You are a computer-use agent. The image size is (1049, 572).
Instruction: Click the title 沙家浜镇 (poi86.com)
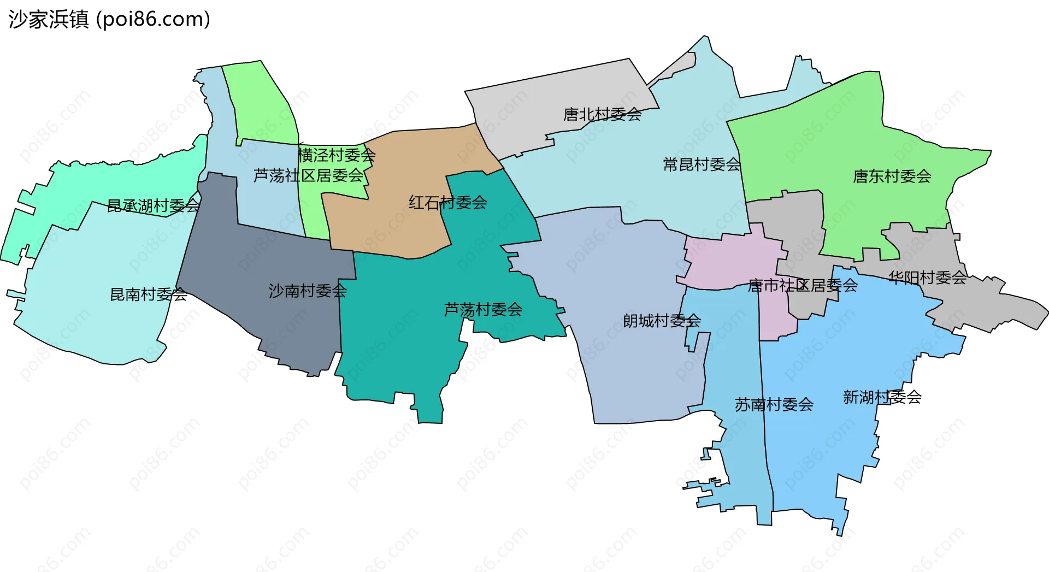point(109,20)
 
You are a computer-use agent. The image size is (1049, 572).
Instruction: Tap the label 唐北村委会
point(602,115)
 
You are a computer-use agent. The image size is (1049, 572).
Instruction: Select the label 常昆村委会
point(702,164)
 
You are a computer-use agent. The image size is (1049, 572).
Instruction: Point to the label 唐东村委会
point(892,176)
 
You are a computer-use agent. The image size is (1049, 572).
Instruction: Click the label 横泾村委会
point(337,155)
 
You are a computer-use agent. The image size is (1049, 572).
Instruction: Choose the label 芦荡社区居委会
point(308,175)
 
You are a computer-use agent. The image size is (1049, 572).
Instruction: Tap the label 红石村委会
point(447,203)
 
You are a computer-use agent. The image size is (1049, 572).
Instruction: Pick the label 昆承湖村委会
point(153,206)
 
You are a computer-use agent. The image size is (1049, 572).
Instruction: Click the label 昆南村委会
point(149,294)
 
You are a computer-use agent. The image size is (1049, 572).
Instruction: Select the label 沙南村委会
point(308,291)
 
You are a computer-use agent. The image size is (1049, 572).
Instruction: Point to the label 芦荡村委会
point(483,310)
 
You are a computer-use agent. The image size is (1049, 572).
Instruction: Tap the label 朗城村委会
point(662,321)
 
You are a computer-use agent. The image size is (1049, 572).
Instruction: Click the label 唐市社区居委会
point(802,285)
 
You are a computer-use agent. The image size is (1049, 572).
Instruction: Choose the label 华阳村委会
point(927,278)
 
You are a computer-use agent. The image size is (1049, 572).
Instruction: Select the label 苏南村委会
point(774,405)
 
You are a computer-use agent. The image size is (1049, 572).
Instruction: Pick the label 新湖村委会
point(882,397)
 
